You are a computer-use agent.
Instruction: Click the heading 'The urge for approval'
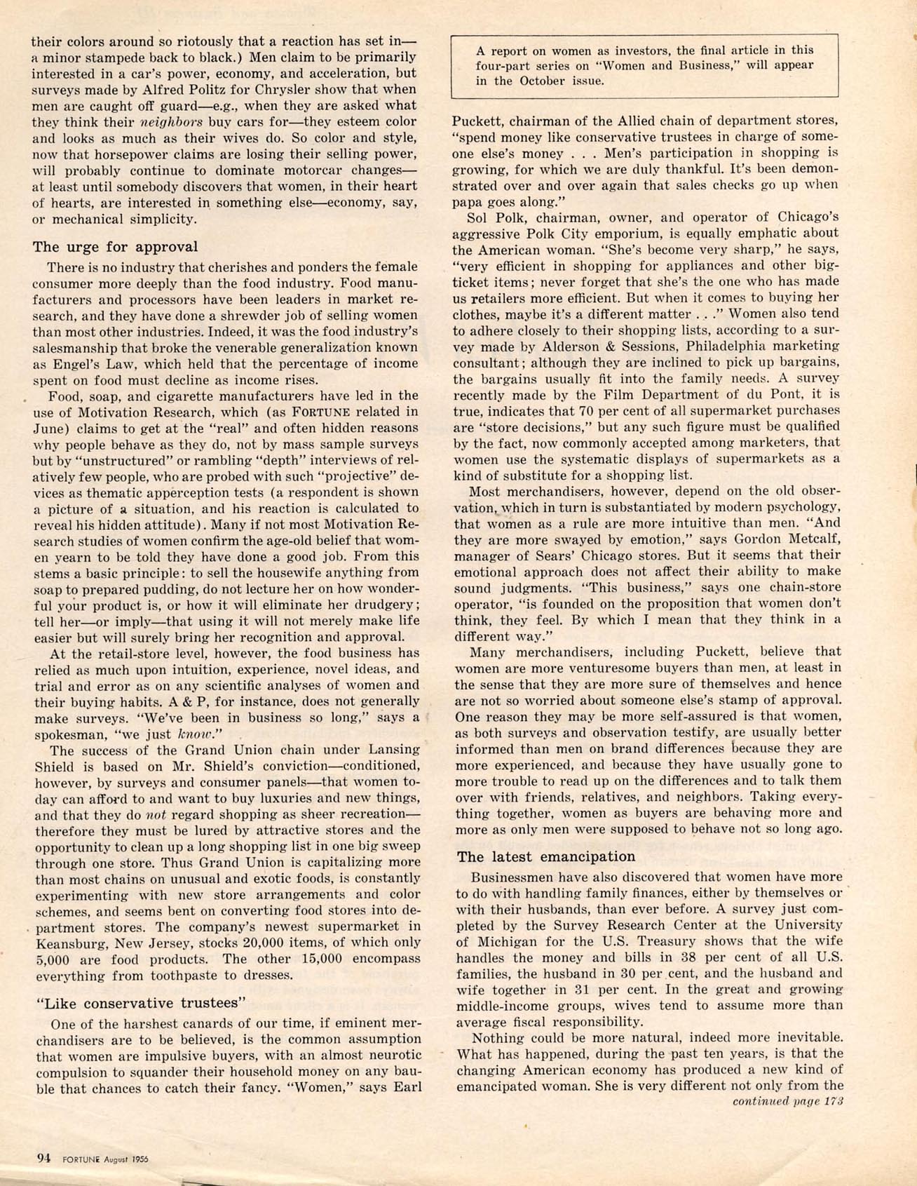[x=116, y=247]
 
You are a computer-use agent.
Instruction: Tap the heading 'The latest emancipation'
[x=546, y=856]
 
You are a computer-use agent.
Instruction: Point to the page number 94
[x=44, y=1159]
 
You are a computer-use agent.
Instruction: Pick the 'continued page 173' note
[x=787, y=1101]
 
